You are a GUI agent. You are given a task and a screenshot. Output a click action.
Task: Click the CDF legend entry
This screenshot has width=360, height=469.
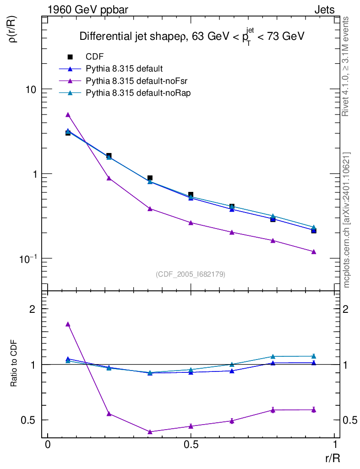click(94, 57)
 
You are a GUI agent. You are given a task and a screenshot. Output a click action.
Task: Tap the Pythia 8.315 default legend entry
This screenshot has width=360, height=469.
click(124, 69)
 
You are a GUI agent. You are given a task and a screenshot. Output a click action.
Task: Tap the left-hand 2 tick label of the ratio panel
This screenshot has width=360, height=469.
click(33, 309)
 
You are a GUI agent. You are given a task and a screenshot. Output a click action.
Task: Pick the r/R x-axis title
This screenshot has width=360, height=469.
click(332, 458)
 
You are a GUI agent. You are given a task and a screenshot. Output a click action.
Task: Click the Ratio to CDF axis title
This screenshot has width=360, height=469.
click(14, 364)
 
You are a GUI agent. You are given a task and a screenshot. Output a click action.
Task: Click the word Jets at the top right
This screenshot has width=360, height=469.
click(324, 10)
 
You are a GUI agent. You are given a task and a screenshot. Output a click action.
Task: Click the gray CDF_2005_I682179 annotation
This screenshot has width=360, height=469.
click(191, 274)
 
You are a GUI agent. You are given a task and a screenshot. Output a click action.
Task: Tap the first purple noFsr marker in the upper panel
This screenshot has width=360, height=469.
click(68, 115)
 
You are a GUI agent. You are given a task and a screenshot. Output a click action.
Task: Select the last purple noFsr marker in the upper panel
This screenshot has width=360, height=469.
click(314, 251)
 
